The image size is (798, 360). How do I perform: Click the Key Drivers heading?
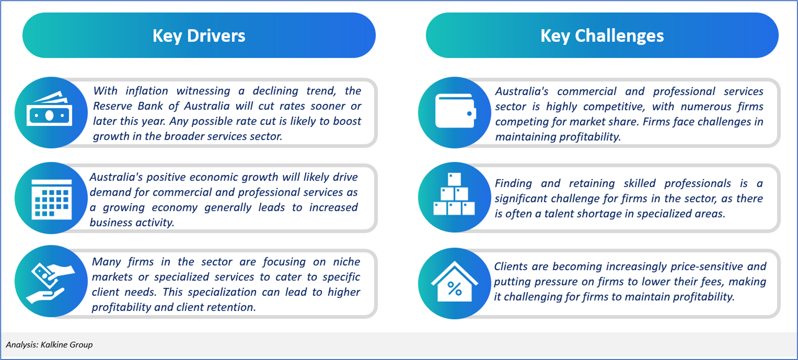tap(199, 36)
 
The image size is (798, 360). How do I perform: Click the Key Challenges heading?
tap(602, 36)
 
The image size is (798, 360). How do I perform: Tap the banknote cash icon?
tap(49, 109)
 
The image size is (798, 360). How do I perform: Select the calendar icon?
tap(52, 199)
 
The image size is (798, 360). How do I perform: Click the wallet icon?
tap(456, 111)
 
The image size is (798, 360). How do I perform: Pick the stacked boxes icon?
tap(454, 194)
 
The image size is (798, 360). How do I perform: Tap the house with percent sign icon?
tap(455, 282)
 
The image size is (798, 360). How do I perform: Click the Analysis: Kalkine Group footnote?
tap(49, 345)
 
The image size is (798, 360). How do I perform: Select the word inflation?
tap(147, 91)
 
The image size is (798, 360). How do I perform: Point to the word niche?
tap(346, 262)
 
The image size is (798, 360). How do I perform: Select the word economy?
tap(174, 208)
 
